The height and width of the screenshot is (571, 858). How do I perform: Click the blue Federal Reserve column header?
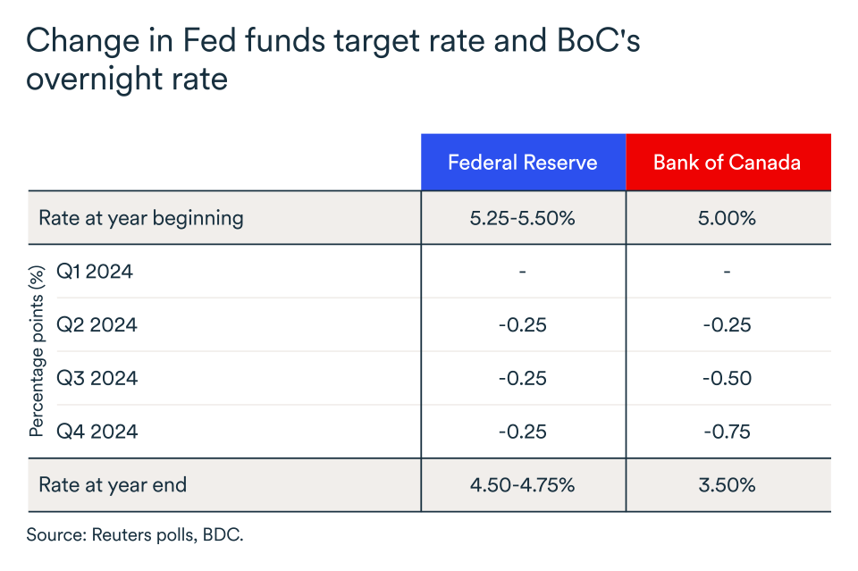pyautogui.click(x=523, y=163)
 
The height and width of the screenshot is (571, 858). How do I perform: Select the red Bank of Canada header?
pyautogui.click(x=728, y=163)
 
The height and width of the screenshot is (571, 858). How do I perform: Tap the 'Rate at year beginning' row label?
pyautogui.click(x=141, y=217)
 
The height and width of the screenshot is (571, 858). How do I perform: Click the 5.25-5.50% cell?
pyautogui.click(x=523, y=217)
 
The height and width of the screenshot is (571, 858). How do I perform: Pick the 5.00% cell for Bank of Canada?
pyautogui.click(x=728, y=217)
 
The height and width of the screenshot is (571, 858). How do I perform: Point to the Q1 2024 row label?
pyautogui.click(x=95, y=271)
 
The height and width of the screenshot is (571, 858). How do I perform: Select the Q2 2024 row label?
pyautogui.click(x=97, y=324)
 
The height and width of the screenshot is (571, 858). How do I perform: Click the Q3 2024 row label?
pyautogui.click(x=97, y=378)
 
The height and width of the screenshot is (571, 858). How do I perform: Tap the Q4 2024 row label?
pyautogui.click(x=97, y=432)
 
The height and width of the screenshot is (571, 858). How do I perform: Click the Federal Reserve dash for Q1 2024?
pyautogui.click(x=523, y=271)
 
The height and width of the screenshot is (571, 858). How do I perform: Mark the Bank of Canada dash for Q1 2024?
pyautogui.click(x=728, y=271)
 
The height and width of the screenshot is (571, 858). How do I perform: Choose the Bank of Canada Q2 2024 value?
pyautogui.click(x=728, y=324)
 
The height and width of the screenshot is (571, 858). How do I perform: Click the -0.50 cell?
pyautogui.click(x=728, y=378)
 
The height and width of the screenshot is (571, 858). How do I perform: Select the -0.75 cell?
pyautogui.click(x=728, y=432)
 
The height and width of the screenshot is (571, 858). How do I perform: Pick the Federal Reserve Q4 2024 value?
pyautogui.click(x=523, y=432)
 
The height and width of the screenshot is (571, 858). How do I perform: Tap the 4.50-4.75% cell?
pyautogui.click(x=523, y=485)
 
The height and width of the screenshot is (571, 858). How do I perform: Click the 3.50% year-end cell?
pyautogui.click(x=728, y=485)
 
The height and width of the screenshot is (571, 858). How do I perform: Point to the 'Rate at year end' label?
pyautogui.click(x=113, y=485)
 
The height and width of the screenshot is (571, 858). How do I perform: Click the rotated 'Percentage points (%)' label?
pyautogui.click(x=37, y=351)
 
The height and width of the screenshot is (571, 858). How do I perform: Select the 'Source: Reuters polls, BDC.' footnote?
pyautogui.click(x=135, y=535)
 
